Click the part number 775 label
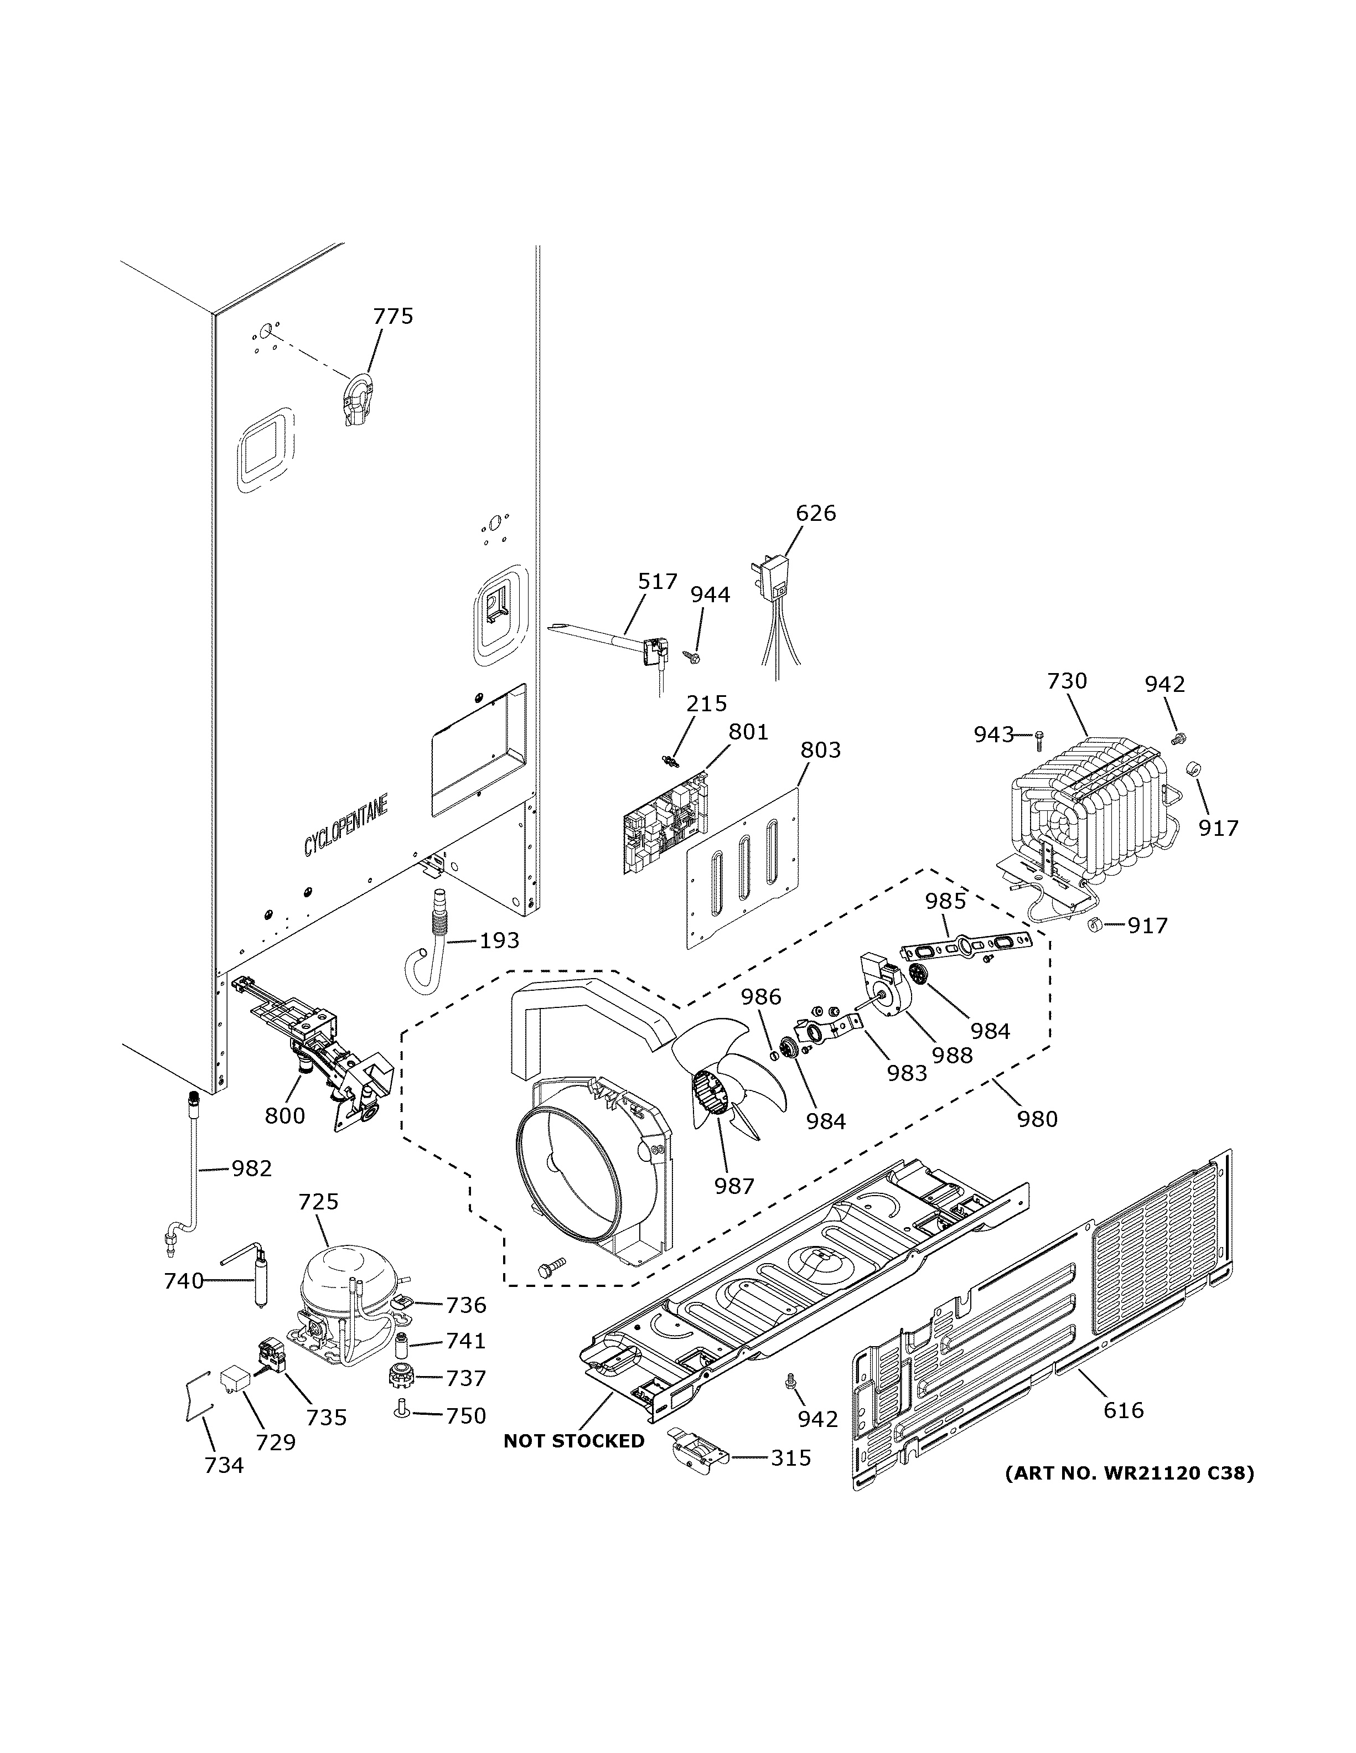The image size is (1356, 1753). click(x=393, y=316)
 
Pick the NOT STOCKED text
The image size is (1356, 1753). click(x=574, y=1441)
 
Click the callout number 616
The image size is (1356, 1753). click(x=1124, y=1409)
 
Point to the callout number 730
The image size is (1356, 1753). click(x=1067, y=681)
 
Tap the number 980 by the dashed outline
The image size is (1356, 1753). click(x=1037, y=1118)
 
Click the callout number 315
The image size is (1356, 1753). click(x=791, y=1457)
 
